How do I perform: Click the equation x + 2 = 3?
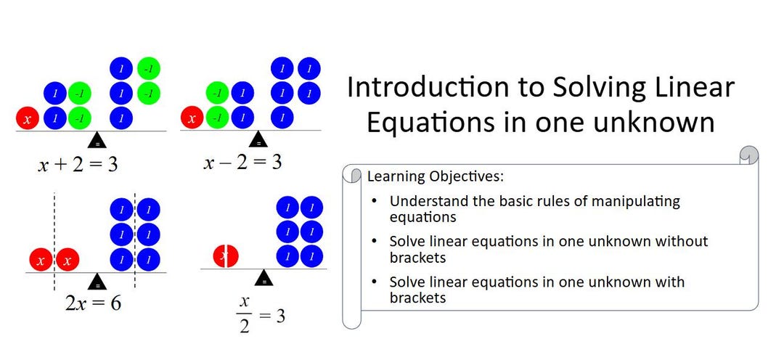[x=78, y=165]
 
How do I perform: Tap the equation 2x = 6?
[x=93, y=303]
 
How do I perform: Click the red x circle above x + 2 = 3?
[x=27, y=118]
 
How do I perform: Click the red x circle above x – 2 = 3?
[x=192, y=117]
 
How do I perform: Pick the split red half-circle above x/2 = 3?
[x=225, y=255]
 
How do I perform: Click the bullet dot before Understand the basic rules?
[x=373, y=201]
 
